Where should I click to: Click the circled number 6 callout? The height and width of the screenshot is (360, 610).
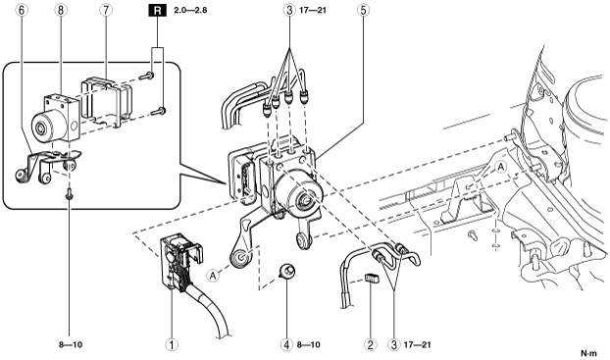coord(22,10)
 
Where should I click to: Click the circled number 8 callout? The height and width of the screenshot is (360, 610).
coord(60,10)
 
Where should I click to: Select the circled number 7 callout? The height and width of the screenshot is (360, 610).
coord(106,10)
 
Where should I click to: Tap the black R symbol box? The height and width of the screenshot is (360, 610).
coord(157,10)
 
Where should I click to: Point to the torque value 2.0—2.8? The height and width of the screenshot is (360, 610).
coord(190,10)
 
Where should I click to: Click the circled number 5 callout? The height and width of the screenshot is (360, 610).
coord(364,10)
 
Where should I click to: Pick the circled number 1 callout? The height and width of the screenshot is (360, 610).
coord(172,344)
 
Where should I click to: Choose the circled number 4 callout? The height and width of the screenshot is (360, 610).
coord(286,344)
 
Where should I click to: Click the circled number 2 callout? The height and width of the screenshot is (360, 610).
coord(370,344)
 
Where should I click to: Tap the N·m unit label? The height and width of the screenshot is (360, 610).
coord(588,353)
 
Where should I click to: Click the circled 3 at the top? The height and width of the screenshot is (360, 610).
coord(289,10)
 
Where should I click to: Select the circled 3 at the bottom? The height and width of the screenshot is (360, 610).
coord(393,344)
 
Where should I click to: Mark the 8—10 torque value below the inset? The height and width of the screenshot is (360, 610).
coord(71,344)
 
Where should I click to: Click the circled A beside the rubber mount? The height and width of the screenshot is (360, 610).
coord(213,276)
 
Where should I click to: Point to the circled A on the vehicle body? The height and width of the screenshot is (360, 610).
coord(501,167)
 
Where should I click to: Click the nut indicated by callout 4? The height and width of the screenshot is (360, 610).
coord(286,271)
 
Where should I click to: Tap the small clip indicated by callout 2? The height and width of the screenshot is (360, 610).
coord(372,279)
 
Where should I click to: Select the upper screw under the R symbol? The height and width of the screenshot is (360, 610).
coord(148,76)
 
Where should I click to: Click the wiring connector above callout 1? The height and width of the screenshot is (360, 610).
coord(179,261)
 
